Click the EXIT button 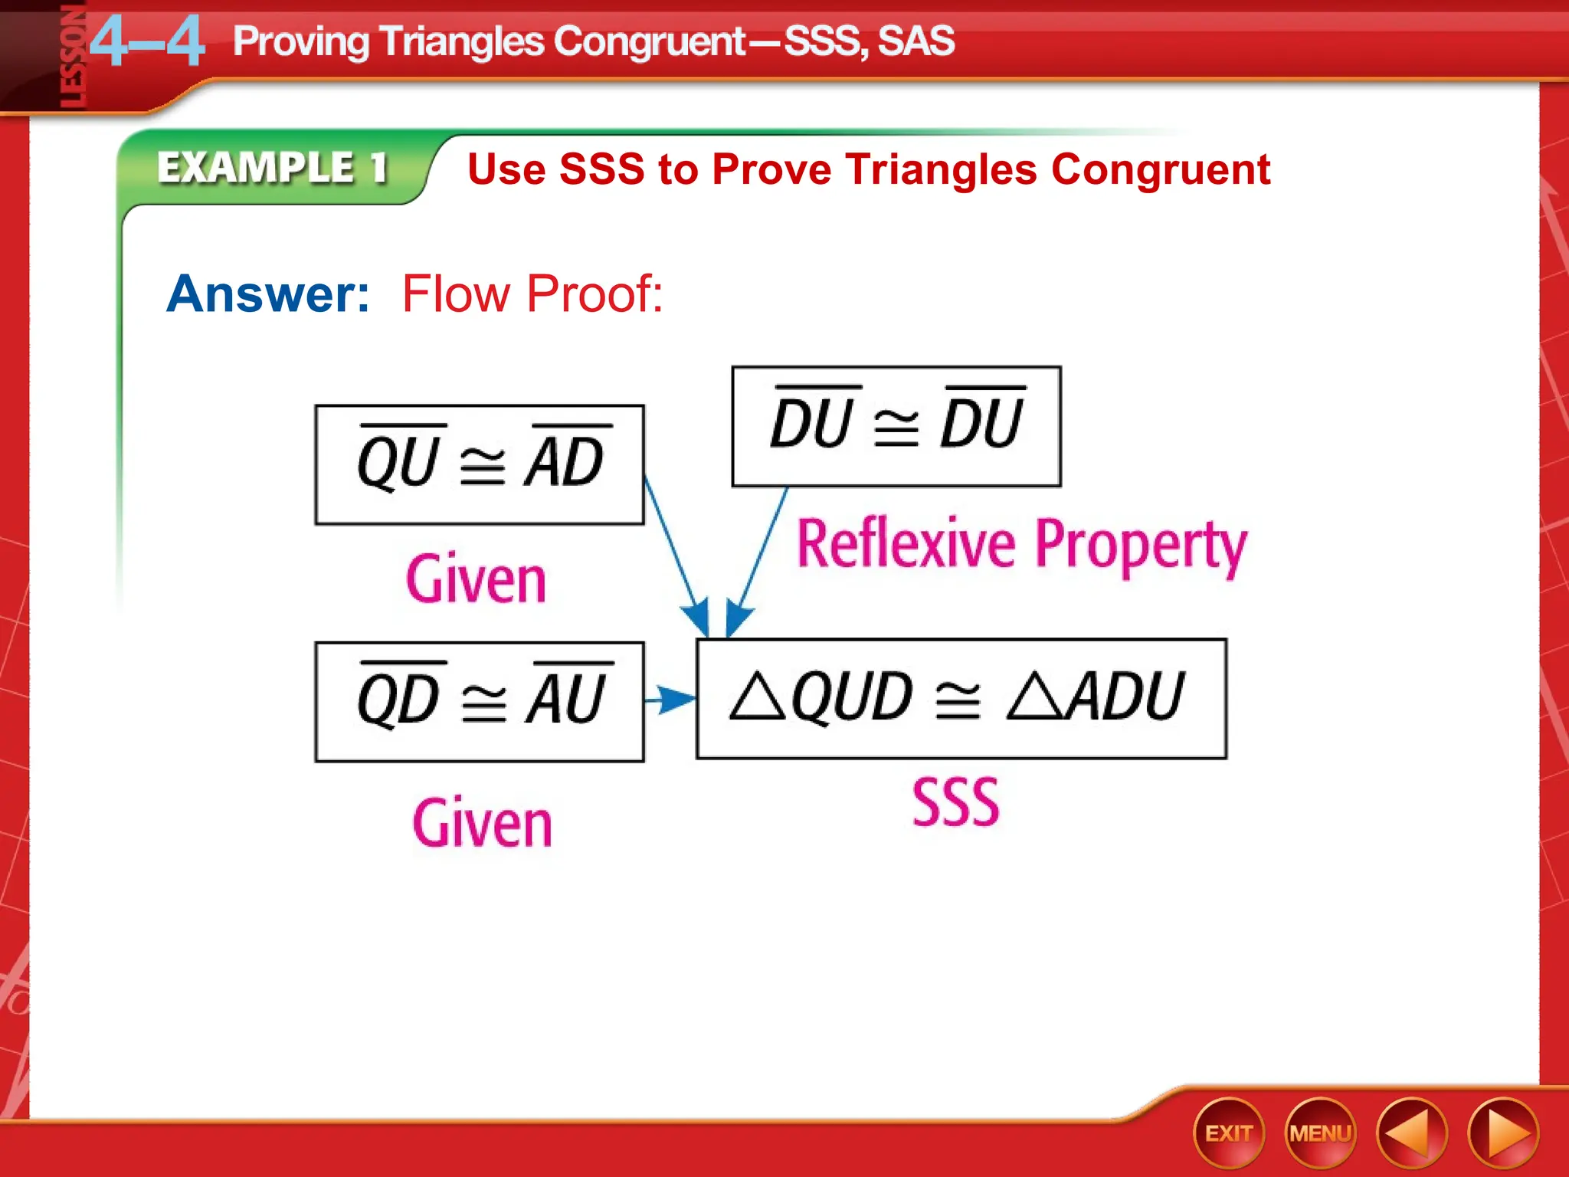tap(1228, 1133)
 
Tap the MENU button tap(1320, 1133)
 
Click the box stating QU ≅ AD tap(480, 465)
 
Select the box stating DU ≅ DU tap(896, 427)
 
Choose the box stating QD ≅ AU tap(480, 701)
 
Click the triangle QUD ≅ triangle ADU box tap(961, 698)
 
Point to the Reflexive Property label tap(1021, 545)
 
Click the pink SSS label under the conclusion tap(955, 802)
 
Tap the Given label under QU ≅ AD tap(476, 580)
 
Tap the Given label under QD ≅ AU tap(482, 824)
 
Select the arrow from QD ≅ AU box tap(670, 699)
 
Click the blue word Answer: tap(268, 293)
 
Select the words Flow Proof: tap(532, 293)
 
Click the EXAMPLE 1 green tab tap(273, 167)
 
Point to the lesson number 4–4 tap(147, 42)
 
